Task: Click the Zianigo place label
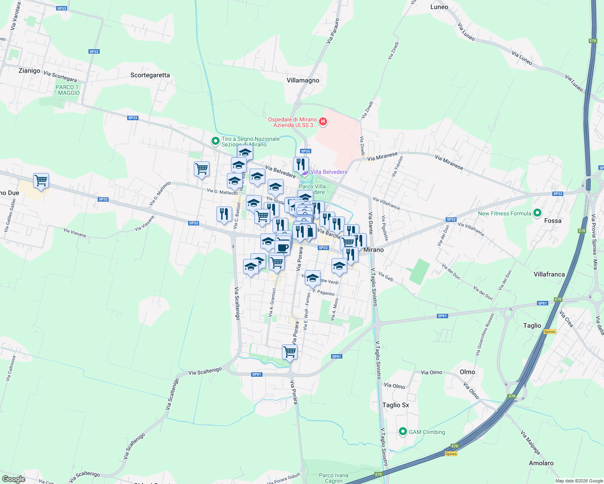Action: [29, 71]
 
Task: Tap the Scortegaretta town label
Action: [150, 75]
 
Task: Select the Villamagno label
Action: [303, 80]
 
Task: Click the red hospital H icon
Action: [323, 121]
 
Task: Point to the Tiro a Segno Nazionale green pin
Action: [216, 142]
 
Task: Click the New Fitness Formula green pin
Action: [537, 213]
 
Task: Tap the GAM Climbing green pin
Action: [403, 432]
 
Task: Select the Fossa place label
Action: [553, 221]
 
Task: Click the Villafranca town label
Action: [549, 274]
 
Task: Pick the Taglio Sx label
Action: [396, 405]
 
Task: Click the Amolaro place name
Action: [541, 463]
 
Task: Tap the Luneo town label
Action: [439, 7]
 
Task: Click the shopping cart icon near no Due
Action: [41, 180]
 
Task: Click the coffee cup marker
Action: [283, 247]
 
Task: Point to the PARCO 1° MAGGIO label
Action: [67, 90]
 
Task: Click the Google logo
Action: [13, 479]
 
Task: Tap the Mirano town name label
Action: [373, 250]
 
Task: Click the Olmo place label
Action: [468, 372]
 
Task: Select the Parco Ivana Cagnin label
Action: [333, 478]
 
